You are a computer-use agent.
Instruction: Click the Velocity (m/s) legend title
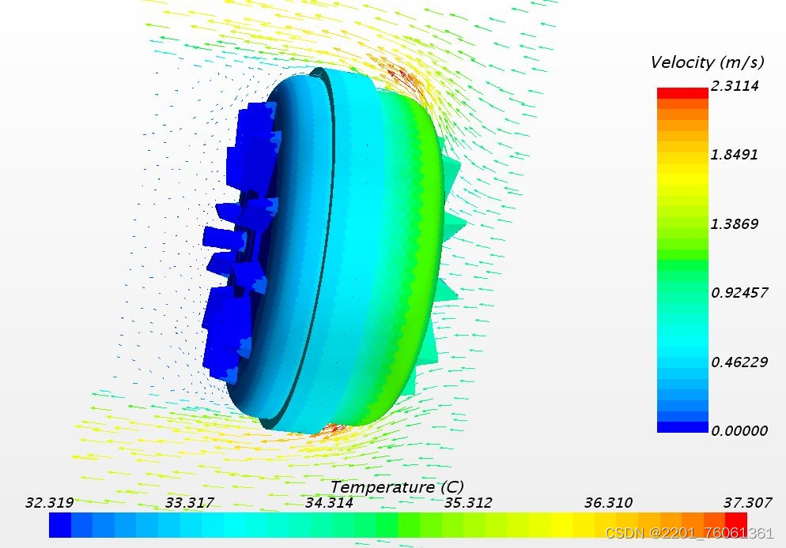[x=707, y=62]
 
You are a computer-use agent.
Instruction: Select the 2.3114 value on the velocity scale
[x=735, y=85]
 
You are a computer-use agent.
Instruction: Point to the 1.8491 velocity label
[x=734, y=155]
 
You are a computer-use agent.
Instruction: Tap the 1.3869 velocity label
[x=735, y=223]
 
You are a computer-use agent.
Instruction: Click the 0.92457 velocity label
[x=739, y=293]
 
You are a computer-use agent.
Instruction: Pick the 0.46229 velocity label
[x=739, y=362]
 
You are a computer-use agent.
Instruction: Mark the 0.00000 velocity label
[x=739, y=430]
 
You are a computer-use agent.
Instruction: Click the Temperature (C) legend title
[x=397, y=487]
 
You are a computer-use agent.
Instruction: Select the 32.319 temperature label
[x=50, y=502]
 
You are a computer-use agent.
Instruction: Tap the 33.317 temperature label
[x=190, y=502]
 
